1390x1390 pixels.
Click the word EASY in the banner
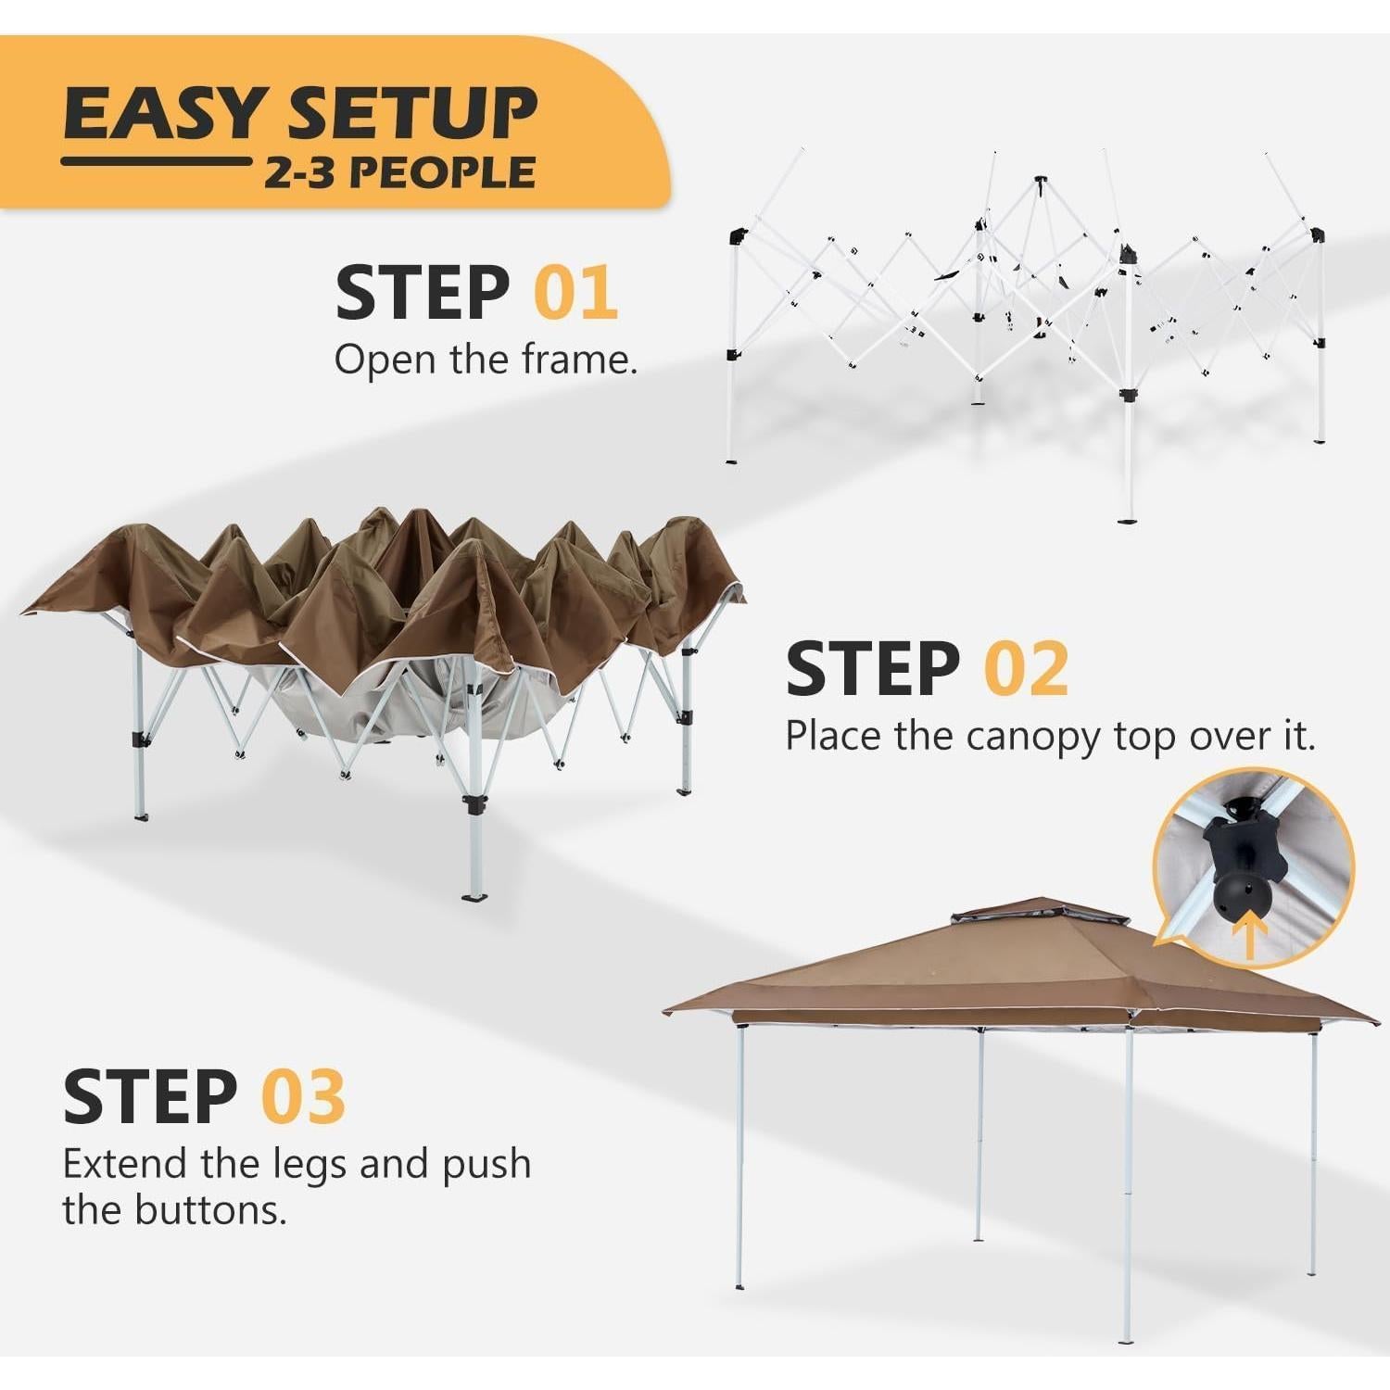(x=163, y=114)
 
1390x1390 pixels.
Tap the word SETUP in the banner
(x=411, y=114)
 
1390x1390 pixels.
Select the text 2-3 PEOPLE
(x=399, y=173)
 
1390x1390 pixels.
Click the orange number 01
(x=575, y=293)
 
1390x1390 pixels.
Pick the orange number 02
(x=1026, y=668)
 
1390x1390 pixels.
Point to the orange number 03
(x=303, y=1096)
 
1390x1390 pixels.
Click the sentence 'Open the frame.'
(x=486, y=360)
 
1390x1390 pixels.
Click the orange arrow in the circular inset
(x=1249, y=937)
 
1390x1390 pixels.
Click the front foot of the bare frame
(x=1127, y=519)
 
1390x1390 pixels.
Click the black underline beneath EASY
(x=156, y=161)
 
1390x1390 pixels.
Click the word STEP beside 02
(x=872, y=668)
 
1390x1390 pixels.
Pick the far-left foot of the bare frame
(x=732, y=458)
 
